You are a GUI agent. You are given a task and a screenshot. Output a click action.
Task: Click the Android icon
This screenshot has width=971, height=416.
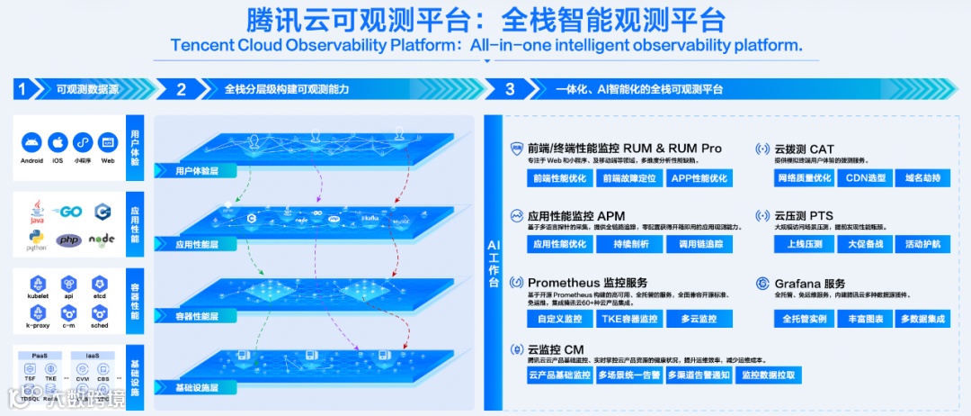(31, 142)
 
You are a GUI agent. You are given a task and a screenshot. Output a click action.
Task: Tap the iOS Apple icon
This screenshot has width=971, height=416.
(58, 142)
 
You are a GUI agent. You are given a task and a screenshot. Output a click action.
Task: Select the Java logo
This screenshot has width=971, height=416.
(37, 211)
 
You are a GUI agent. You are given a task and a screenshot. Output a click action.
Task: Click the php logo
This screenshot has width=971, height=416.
(68, 240)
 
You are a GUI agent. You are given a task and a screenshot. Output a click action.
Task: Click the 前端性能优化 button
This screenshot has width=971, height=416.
(559, 178)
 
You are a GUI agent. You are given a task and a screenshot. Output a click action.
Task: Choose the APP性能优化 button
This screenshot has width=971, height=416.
(699, 178)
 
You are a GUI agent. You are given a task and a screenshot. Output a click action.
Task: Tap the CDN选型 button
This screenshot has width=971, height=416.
(865, 178)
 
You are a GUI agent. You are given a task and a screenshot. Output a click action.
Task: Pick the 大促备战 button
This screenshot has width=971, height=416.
(865, 244)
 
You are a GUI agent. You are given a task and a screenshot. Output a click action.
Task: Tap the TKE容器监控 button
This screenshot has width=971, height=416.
(628, 319)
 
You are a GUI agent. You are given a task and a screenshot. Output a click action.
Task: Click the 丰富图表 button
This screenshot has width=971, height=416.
(865, 319)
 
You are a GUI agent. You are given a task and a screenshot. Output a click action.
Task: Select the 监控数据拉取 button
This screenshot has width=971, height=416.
(768, 375)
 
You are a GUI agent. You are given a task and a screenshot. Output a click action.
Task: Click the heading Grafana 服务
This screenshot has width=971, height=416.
(809, 284)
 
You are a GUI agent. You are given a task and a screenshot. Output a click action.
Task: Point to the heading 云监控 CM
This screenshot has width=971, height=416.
(556, 348)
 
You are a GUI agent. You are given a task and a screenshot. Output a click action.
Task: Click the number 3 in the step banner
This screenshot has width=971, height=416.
(510, 89)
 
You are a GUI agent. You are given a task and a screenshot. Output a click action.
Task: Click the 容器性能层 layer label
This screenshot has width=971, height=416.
(197, 317)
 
